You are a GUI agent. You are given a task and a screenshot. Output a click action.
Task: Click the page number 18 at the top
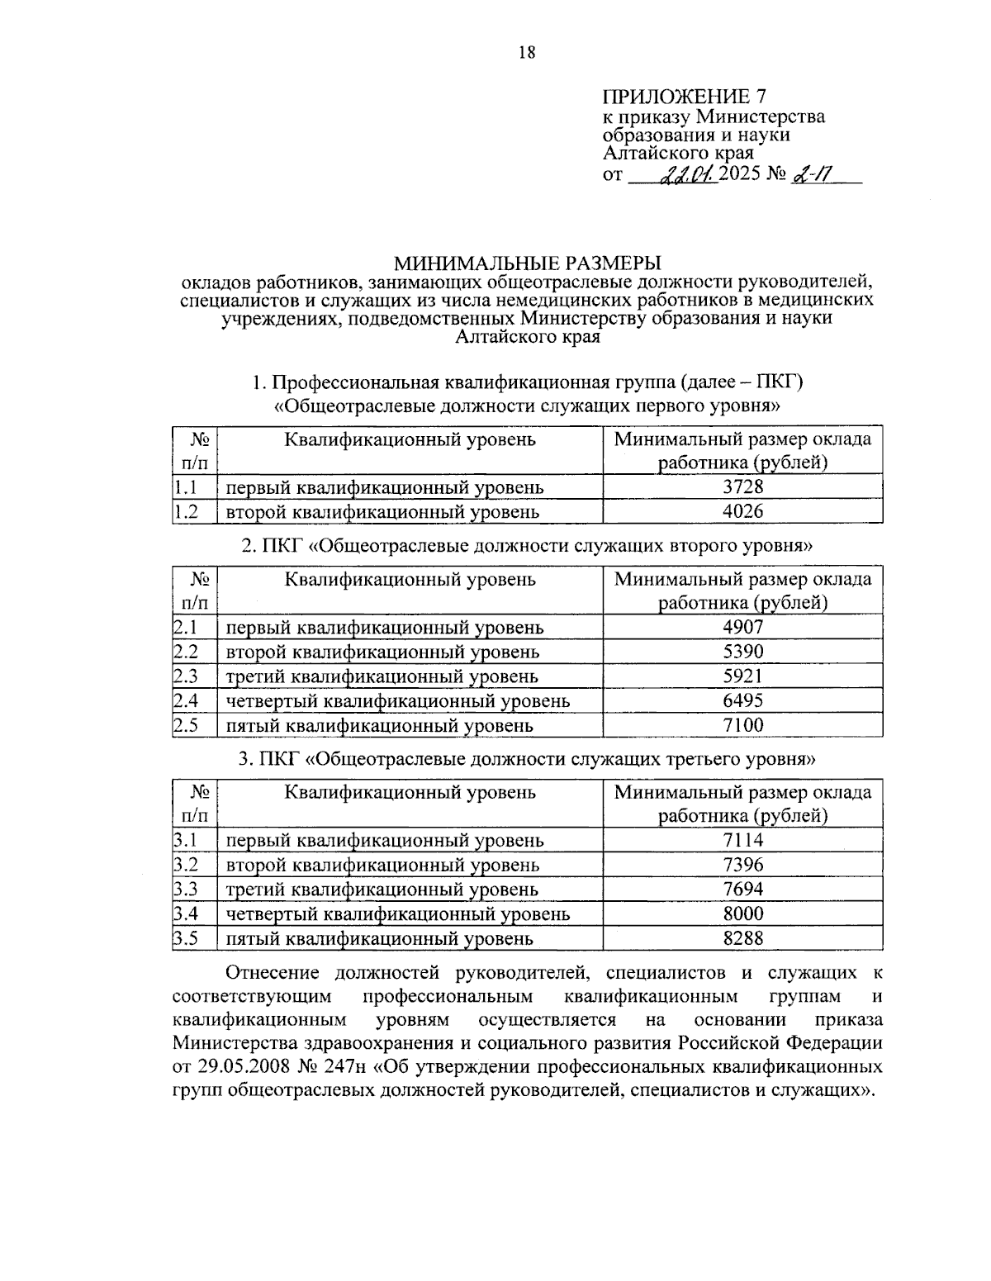[x=527, y=53]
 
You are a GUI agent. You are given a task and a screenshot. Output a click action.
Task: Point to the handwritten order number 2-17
[x=811, y=175]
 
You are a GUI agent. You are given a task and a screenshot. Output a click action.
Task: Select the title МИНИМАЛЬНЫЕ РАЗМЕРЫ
[x=527, y=263]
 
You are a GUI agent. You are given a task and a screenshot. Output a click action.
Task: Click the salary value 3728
[x=742, y=486]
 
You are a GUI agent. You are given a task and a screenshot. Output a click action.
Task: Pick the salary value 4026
[x=742, y=511]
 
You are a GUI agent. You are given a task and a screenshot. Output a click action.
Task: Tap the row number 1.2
[x=186, y=512]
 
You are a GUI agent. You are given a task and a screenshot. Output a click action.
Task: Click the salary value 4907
[x=742, y=627]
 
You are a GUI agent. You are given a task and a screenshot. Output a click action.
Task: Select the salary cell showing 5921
[x=742, y=676]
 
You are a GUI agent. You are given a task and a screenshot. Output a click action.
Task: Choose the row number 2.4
[x=186, y=701]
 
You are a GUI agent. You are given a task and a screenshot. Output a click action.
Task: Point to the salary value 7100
[x=742, y=725]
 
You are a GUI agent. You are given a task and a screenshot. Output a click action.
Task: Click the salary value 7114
[x=742, y=840]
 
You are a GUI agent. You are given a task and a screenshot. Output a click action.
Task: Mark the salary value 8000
[x=742, y=913]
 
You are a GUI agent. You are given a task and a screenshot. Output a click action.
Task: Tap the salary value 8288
[x=742, y=938]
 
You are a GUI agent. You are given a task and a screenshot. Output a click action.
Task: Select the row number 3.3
[x=186, y=890]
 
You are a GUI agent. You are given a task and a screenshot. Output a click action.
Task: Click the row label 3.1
[x=186, y=840]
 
